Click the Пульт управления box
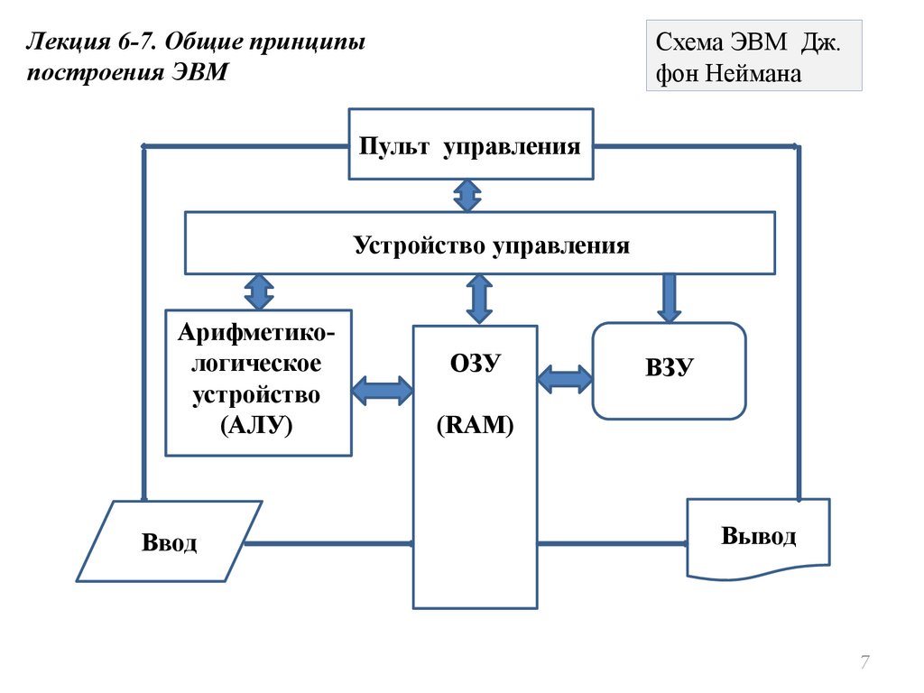[470, 145]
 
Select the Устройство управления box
[479, 243]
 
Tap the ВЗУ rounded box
[669, 370]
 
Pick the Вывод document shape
[758, 538]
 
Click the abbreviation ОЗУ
[475, 364]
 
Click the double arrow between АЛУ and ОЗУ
[382, 390]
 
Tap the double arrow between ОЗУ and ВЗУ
[564, 377]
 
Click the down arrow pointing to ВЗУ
[669, 298]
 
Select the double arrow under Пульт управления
[467, 196]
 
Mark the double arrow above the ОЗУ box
[479, 299]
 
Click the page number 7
[864, 663]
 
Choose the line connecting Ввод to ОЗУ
[328, 543]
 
